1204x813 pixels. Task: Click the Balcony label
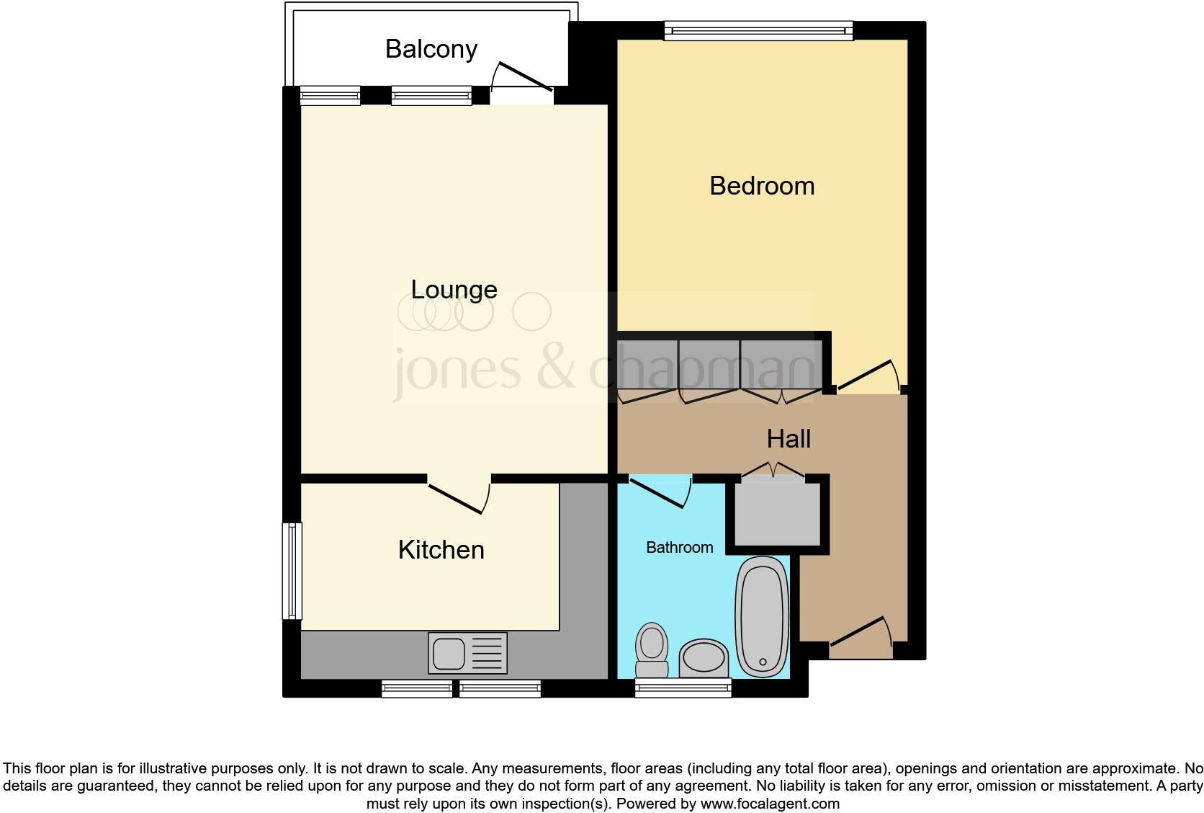click(x=431, y=49)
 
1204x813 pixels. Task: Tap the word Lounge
click(x=454, y=289)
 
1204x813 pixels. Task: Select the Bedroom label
click(x=761, y=186)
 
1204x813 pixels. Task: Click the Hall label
click(x=789, y=439)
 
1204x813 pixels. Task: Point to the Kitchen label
click(x=441, y=550)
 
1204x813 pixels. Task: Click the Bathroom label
click(x=679, y=548)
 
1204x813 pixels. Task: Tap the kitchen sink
click(x=467, y=652)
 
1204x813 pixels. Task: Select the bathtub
click(x=760, y=616)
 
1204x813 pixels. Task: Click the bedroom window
click(x=758, y=30)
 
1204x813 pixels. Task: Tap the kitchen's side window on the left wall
click(x=292, y=571)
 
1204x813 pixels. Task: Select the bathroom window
click(x=683, y=688)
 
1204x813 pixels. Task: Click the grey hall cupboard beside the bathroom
click(x=776, y=513)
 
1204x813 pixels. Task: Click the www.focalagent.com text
click(x=770, y=803)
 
